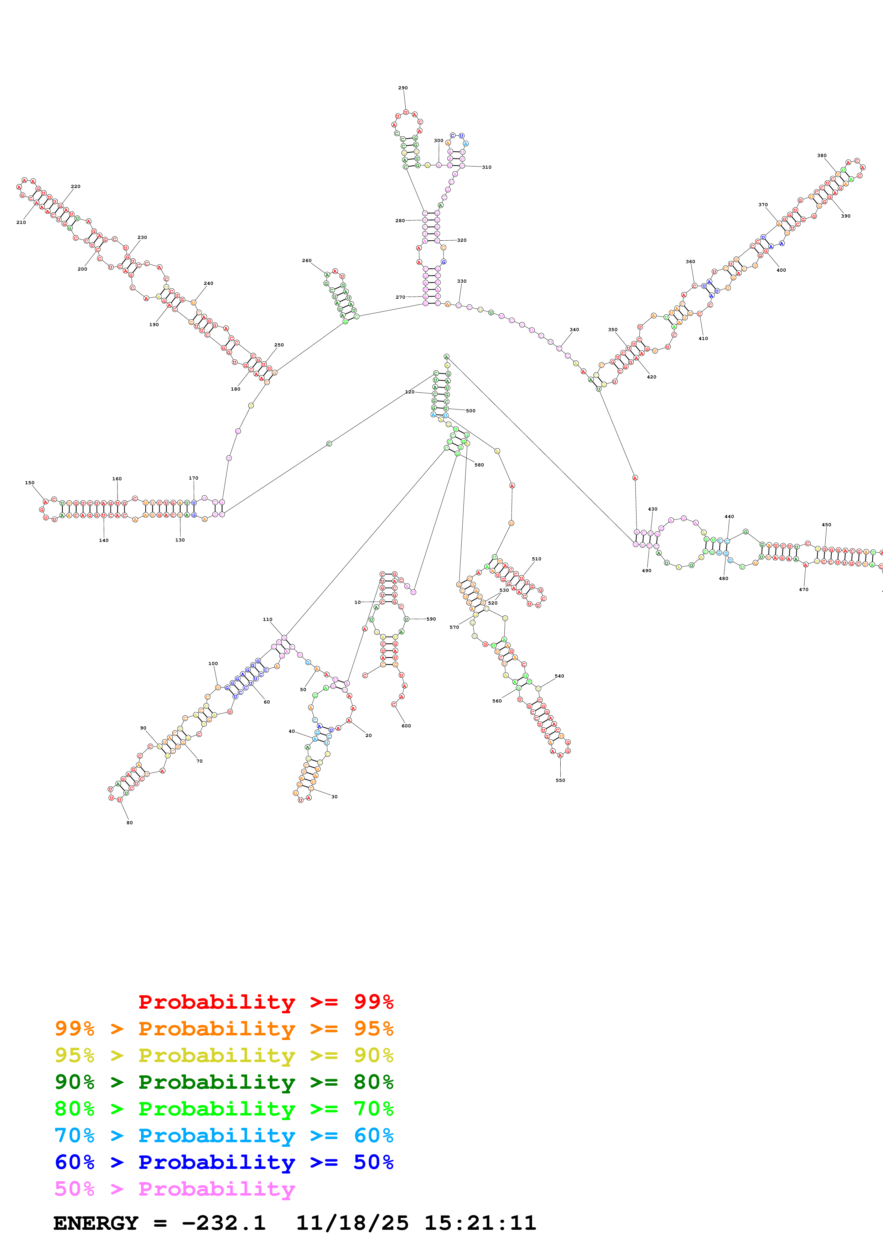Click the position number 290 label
pos(402,88)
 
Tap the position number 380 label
pos(821,156)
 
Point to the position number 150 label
pos(29,482)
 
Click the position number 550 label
pos(560,780)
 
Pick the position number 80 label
pos(130,822)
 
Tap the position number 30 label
pos(334,796)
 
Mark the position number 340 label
pos(574,330)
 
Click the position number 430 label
pos(652,509)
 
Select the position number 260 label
pos(307,261)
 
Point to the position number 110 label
pos(268,619)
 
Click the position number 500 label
pos(471,411)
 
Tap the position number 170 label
pos(193,478)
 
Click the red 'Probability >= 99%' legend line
pos(265,1002)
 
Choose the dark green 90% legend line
pos(224,1082)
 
